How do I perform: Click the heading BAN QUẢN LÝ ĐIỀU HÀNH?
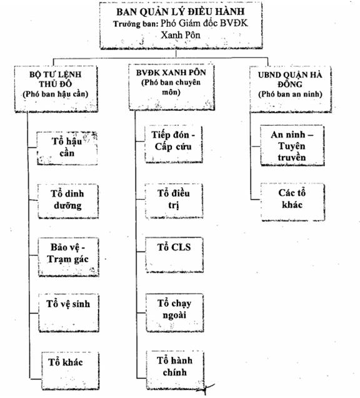point(181,12)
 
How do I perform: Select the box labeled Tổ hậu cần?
point(67,148)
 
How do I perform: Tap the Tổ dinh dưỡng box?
point(68,202)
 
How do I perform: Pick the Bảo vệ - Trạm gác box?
point(69,257)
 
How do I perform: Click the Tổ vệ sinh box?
point(69,313)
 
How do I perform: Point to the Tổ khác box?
point(70,370)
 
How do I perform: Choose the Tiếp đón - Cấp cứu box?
point(174,144)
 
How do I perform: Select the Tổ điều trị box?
point(174,201)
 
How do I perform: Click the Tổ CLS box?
point(174,255)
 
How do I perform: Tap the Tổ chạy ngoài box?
point(175,313)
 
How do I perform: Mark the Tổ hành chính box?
point(176,370)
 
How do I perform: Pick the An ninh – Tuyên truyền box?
point(292,145)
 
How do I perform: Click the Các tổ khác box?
point(293,202)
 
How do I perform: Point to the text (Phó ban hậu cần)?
point(56,94)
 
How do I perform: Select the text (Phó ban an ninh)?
point(290,94)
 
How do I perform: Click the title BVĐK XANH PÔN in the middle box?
point(171,73)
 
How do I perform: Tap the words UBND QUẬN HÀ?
point(290,75)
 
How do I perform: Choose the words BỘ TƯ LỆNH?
point(56,74)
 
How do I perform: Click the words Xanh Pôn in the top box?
point(181,35)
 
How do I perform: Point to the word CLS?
point(181,247)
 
